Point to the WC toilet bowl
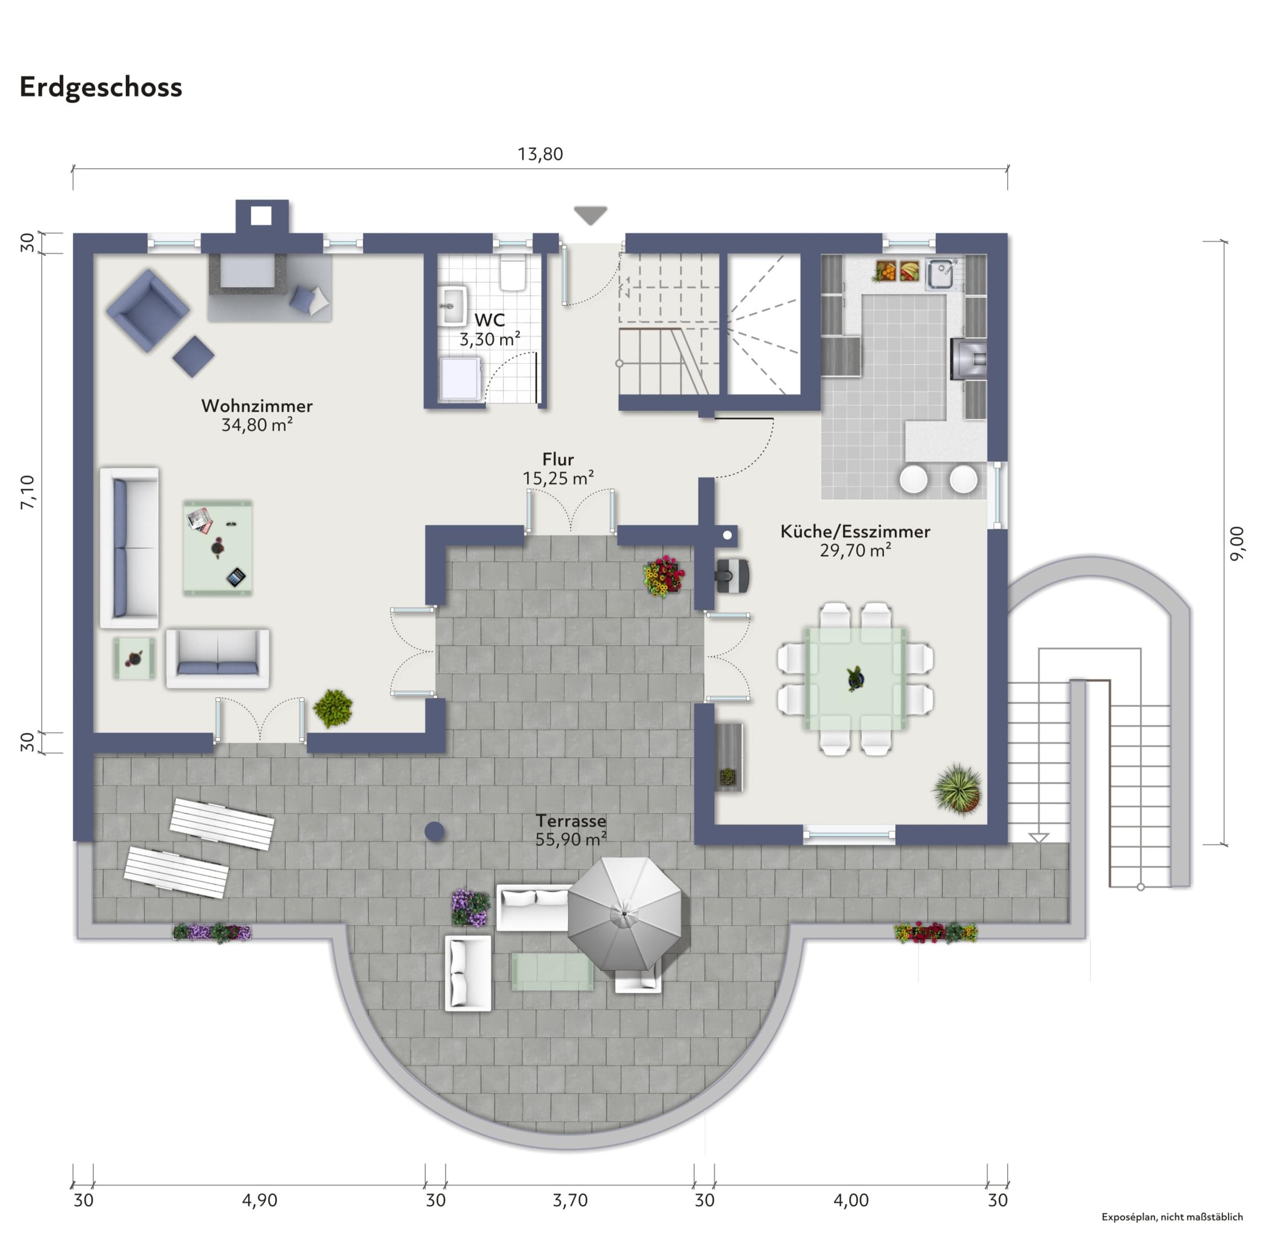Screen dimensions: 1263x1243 point(513,274)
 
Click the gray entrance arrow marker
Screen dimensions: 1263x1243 point(590,215)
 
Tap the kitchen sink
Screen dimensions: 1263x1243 point(940,274)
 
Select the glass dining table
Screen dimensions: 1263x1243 point(855,678)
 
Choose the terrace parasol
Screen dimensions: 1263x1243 point(624,913)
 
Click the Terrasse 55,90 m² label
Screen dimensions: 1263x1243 point(571,830)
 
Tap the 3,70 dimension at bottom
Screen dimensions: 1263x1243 point(570,1200)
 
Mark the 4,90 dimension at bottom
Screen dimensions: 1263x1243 point(260,1200)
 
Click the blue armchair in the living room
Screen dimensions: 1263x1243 point(148,311)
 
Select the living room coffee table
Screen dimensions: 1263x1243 point(217,548)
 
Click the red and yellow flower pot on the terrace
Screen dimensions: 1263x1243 point(664,576)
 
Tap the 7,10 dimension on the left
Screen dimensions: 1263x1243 point(28,492)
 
